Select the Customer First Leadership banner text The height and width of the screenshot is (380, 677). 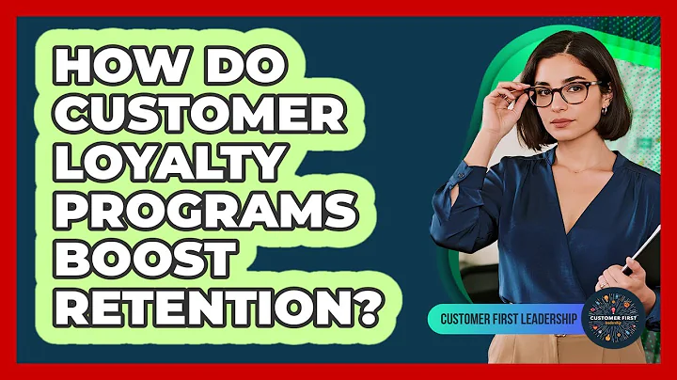click(508, 319)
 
